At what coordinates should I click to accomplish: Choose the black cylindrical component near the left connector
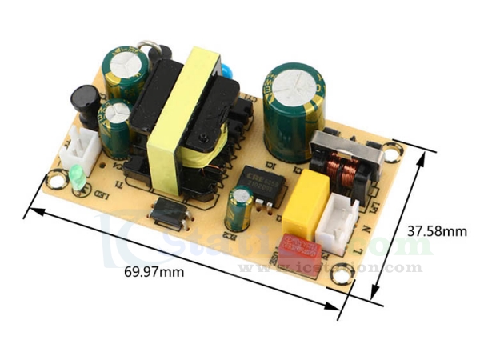pos(86,102)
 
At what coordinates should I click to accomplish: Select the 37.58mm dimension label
pos(437,231)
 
